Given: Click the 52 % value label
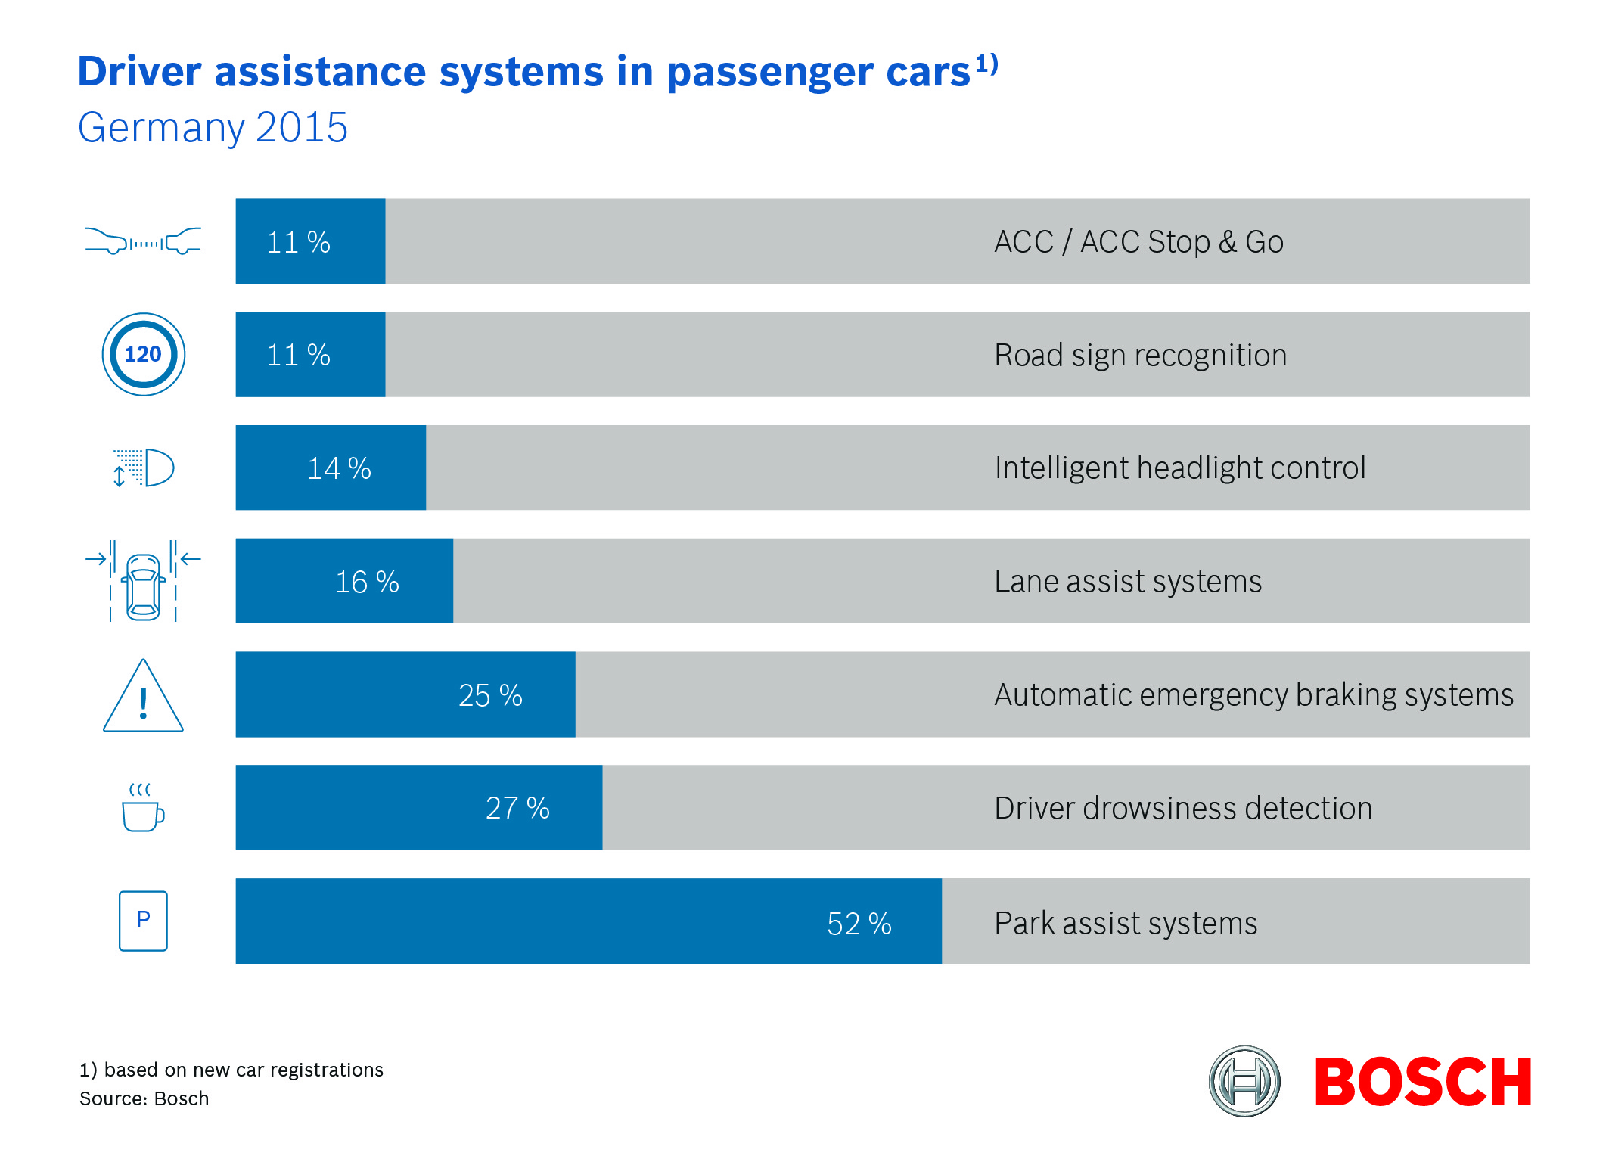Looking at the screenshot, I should [x=859, y=924].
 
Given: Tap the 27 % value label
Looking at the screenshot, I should [x=517, y=808].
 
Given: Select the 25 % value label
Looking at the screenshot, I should [x=490, y=695].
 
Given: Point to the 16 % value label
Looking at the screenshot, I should [x=367, y=582].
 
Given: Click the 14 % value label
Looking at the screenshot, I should [x=339, y=468].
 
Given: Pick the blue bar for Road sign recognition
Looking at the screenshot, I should [x=310, y=355].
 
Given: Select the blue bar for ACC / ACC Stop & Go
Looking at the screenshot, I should [x=310, y=241].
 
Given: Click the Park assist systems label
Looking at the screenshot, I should [x=1126, y=924].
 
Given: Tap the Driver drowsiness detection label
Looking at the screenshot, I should [x=1183, y=808].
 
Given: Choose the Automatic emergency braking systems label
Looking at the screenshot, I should [x=1253, y=695].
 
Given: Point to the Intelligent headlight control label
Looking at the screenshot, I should [x=1180, y=468].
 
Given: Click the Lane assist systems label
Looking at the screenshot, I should [x=1128, y=582].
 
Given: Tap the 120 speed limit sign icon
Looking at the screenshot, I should [x=143, y=354].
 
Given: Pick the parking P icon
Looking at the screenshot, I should [x=143, y=921].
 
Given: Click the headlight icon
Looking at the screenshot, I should [x=143, y=468].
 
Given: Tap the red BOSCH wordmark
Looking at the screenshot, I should [x=1423, y=1082].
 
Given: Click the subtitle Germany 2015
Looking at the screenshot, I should [x=213, y=127].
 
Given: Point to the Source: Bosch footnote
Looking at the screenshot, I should [x=144, y=1098].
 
